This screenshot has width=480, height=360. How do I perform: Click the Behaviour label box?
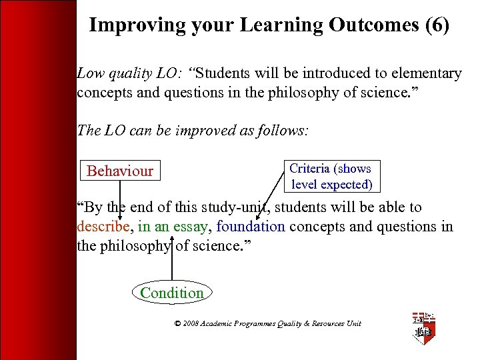(120, 171)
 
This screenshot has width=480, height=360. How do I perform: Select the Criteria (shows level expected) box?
(331, 177)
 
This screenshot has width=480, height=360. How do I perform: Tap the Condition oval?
(172, 293)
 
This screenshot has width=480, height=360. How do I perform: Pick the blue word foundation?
(251, 227)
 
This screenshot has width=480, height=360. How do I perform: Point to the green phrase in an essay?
(172, 227)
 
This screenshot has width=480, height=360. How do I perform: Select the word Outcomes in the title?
(369, 25)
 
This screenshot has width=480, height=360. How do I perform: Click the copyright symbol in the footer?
(178, 324)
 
